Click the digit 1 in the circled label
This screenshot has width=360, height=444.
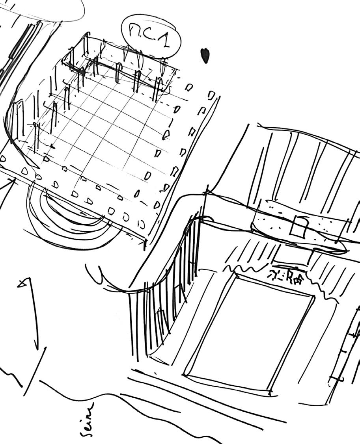(166, 39)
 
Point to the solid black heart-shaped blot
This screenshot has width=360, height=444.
(205, 56)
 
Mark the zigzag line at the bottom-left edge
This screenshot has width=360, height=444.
(12, 378)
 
